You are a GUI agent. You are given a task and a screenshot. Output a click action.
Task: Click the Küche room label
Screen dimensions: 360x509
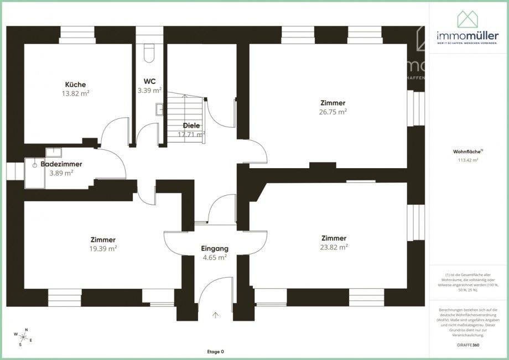coord(75,85)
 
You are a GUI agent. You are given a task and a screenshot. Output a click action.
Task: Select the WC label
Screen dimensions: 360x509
coord(149,81)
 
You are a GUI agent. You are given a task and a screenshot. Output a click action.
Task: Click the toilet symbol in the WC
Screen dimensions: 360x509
coord(149,52)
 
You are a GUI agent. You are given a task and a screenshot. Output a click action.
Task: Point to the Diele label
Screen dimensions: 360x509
coord(191,126)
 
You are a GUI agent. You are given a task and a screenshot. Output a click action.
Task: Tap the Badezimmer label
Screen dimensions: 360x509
coord(61,164)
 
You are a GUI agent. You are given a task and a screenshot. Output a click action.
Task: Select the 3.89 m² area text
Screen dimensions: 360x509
coord(61,173)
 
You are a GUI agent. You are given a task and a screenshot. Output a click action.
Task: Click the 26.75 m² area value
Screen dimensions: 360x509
coord(333,111)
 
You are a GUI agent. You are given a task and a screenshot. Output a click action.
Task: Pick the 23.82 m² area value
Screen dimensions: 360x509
coord(334,247)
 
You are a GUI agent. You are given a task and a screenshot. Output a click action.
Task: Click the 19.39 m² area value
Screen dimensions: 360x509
coord(103,248)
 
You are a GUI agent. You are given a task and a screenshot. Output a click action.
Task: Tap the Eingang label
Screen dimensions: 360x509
coord(214,249)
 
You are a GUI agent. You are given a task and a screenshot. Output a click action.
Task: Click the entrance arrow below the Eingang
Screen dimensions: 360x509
coord(215,315)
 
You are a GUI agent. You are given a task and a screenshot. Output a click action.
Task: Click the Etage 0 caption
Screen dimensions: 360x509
coord(215,352)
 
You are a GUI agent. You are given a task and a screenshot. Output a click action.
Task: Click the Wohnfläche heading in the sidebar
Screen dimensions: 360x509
coord(463,151)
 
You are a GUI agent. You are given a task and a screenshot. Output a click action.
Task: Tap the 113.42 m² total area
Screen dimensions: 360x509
coord(468,160)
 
